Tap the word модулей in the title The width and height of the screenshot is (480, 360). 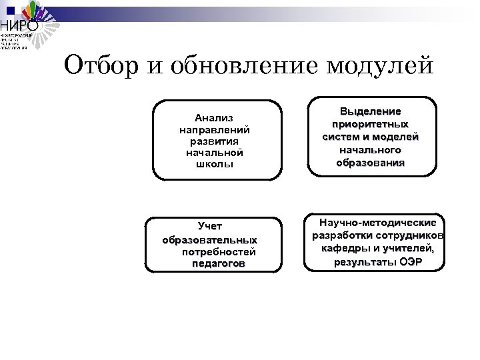click(x=380, y=67)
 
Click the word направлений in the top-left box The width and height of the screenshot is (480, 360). click(x=214, y=129)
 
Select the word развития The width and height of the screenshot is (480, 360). click(x=214, y=141)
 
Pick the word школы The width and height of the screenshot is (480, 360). click(x=214, y=164)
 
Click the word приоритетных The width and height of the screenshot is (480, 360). click(x=371, y=124)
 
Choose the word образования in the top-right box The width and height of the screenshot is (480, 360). click(x=371, y=162)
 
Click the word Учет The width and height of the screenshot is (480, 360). click(x=210, y=227)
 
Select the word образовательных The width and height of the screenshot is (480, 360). click(x=210, y=239)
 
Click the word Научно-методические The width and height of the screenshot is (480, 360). click(x=377, y=223)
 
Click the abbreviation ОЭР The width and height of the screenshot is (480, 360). click(x=411, y=262)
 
